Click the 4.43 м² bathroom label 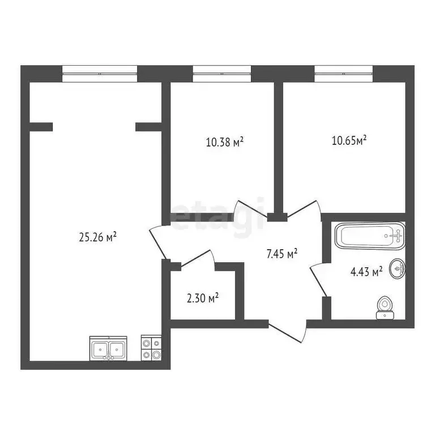(x=366, y=272)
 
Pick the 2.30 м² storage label (x=203, y=297)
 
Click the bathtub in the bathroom (x=370, y=235)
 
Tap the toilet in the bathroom (x=386, y=306)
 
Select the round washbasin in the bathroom (x=399, y=269)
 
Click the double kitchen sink (x=108, y=348)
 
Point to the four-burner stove (x=152, y=348)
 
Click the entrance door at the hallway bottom (x=288, y=333)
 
